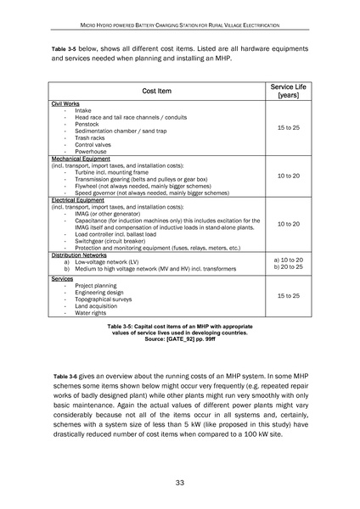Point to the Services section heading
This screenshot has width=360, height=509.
tap(62, 278)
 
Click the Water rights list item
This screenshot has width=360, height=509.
tap(93, 313)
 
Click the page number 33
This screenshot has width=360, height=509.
tap(180, 483)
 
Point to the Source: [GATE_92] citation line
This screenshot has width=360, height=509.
tap(179, 338)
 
